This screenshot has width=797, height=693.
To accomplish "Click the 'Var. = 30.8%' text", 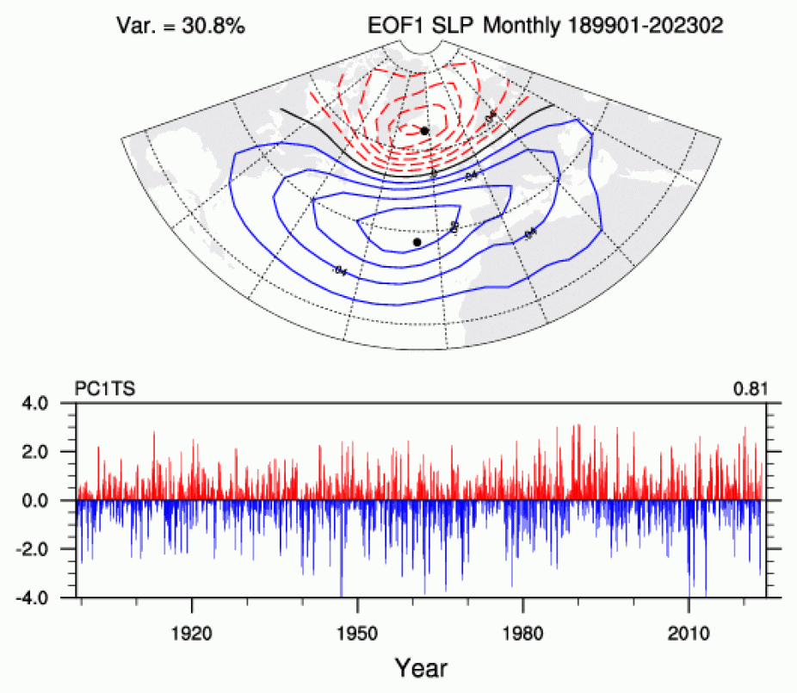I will tap(181, 27).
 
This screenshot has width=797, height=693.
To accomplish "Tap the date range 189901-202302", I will tap(645, 27).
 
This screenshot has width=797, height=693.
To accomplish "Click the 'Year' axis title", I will tap(421, 667).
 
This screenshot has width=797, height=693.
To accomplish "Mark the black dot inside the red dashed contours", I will tap(424, 131).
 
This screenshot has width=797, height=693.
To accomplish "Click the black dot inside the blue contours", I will tap(417, 243).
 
